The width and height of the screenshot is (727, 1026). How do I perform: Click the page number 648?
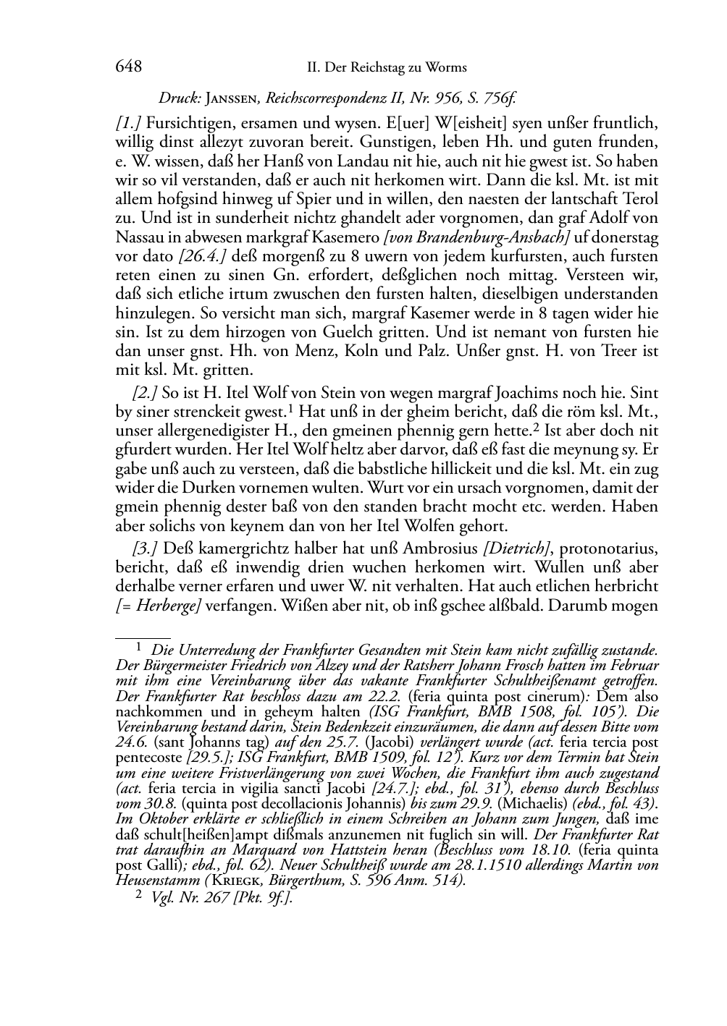click(x=128, y=67)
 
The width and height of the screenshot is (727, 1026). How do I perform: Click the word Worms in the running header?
click(x=447, y=67)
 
